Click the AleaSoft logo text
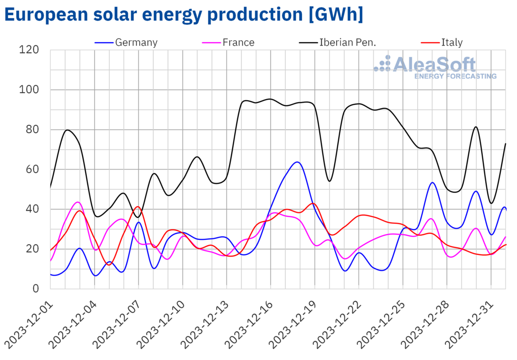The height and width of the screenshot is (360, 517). [x=435, y=65]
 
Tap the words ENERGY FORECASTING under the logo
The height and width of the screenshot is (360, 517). [x=455, y=76]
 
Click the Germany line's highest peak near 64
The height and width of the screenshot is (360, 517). [x=298, y=162]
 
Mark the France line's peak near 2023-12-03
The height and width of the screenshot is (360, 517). [x=78, y=202]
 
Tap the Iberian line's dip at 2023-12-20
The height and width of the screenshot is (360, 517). [x=330, y=181]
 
